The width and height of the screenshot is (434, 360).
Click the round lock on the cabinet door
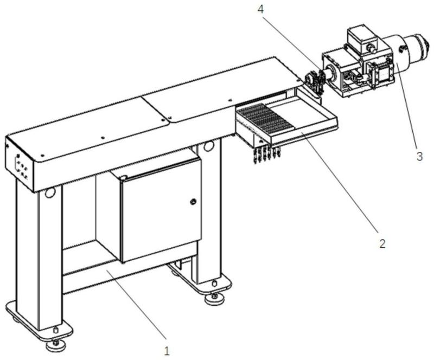point(193,202)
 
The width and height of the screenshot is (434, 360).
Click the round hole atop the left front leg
point(50,192)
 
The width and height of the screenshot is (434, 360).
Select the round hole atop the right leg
point(208,147)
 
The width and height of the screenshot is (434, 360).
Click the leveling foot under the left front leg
point(55,343)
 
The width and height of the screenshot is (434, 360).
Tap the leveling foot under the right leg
point(216,296)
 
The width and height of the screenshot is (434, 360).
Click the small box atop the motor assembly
point(359,37)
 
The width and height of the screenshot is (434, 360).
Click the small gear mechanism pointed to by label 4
point(315,80)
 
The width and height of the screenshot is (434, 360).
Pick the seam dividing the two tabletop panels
point(157,108)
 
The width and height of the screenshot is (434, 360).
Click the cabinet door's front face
point(160,211)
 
